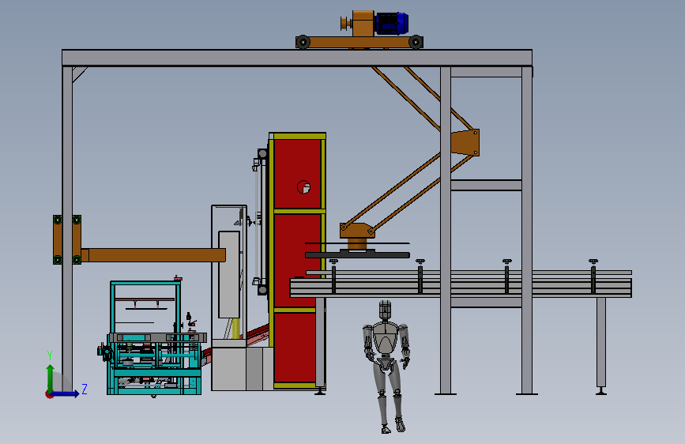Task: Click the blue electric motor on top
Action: pyautogui.click(x=391, y=23)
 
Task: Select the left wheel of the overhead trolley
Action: pyautogui.click(x=303, y=42)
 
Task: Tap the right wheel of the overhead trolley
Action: pyautogui.click(x=416, y=42)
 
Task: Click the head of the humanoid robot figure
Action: pyautogui.click(x=385, y=310)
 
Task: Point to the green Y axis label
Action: pyautogui.click(x=50, y=356)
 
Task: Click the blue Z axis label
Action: pyautogui.click(x=85, y=389)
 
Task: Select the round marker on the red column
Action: pyautogui.click(x=303, y=187)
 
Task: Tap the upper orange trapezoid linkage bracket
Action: pyautogui.click(x=465, y=142)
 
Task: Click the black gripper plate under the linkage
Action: pyautogui.click(x=357, y=254)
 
